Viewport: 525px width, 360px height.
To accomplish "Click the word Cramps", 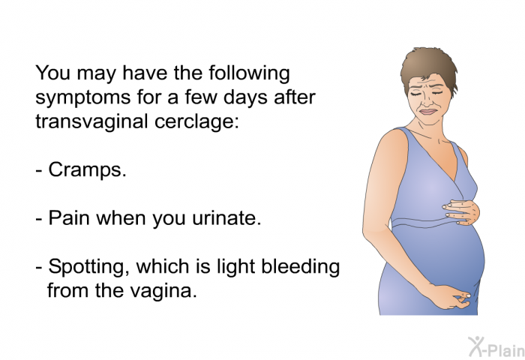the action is click(x=88, y=170).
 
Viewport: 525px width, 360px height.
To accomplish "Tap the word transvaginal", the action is click(x=91, y=121).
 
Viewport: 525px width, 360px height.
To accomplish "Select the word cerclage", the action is click(x=196, y=122).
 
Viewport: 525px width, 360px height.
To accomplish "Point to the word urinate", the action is click(x=226, y=218).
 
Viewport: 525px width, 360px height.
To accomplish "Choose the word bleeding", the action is click(x=300, y=267).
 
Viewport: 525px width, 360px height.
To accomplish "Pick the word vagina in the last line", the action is click(x=163, y=291).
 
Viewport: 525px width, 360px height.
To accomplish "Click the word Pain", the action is click(x=69, y=217).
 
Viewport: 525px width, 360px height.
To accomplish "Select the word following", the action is click(x=249, y=73).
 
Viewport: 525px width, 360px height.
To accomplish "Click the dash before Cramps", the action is click(x=39, y=171).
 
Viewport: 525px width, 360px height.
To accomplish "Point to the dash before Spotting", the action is click(x=39, y=268).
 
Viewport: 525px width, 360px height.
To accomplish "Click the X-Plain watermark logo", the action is click(x=496, y=346).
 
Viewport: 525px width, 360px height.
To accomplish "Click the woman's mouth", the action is click(x=429, y=112).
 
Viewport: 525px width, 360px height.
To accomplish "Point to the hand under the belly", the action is click(x=452, y=297).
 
